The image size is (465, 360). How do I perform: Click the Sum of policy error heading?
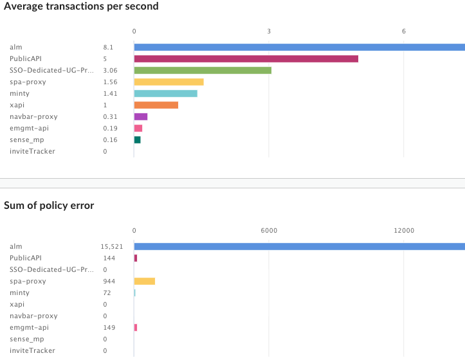coord(49,206)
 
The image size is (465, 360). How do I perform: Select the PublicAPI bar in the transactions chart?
coord(246,59)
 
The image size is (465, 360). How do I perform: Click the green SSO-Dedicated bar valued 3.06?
coord(203,70)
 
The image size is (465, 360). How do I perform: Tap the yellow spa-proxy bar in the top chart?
coord(169,82)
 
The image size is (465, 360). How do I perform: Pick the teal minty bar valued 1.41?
coord(165,93)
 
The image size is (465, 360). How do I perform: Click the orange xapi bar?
coord(156,105)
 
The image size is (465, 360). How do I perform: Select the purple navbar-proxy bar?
coord(141,116)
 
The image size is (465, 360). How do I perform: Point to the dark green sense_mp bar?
coord(137,139)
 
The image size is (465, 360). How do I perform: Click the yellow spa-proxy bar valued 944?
coord(144,281)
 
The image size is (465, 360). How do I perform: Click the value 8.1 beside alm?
coord(108,47)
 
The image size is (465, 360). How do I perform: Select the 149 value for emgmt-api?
coord(109,327)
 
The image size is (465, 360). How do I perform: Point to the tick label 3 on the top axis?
coord(269,31)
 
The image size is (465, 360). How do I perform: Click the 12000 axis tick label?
coord(403,230)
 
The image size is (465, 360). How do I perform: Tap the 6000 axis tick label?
coord(268,230)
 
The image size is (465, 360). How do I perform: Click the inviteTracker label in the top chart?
coord(32,151)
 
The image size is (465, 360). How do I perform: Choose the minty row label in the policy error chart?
coord(19,292)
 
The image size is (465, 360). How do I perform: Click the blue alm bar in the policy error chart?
coord(299,246)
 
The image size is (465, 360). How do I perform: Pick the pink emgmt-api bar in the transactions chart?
coord(138,128)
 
